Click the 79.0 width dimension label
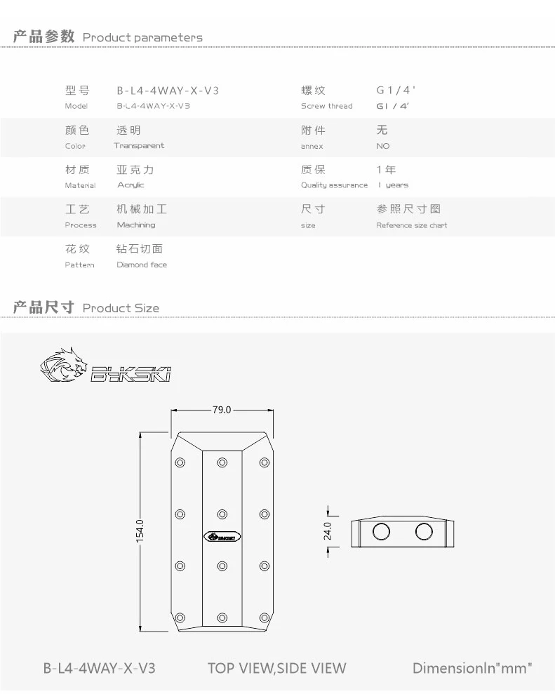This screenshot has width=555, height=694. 221,410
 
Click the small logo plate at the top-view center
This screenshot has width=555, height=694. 222,537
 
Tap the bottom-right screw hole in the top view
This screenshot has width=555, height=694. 264,617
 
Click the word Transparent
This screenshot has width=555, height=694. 139,146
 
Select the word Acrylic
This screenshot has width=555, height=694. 131,185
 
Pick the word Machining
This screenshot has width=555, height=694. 136,225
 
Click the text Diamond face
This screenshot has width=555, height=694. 142,265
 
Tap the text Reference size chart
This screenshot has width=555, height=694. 411,225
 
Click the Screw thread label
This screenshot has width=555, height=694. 327,107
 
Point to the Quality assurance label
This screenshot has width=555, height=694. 334,185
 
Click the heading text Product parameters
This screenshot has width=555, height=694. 142,37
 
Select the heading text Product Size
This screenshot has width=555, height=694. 121,308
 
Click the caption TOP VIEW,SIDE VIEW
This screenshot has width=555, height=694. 276,668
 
